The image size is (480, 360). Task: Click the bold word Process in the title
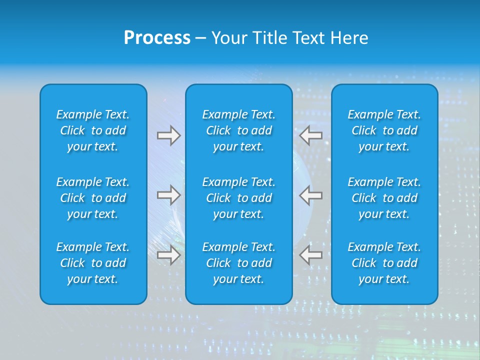pyautogui.click(x=157, y=38)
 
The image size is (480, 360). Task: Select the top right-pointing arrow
pyautogui.click(x=169, y=135)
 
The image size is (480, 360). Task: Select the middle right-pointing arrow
pyautogui.click(x=169, y=194)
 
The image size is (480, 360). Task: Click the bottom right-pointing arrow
pyautogui.click(x=169, y=255)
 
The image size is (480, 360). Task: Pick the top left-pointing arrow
pyautogui.click(x=310, y=134)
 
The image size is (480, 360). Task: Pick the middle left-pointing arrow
pyautogui.click(x=310, y=194)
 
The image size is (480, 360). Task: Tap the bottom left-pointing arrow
pyautogui.click(x=310, y=255)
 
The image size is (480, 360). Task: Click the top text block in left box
pyautogui.click(x=93, y=130)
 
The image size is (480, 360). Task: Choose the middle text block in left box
pyautogui.click(x=93, y=198)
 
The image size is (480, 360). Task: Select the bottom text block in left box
pyautogui.click(x=93, y=263)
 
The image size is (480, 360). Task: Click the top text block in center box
pyautogui.click(x=239, y=130)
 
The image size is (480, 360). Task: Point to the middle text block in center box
pyautogui.click(x=239, y=198)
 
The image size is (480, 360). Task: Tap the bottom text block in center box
pyautogui.click(x=239, y=263)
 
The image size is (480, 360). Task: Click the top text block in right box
pyautogui.click(x=384, y=130)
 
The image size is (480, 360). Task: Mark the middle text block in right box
pyautogui.click(x=384, y=198)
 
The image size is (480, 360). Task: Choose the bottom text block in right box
pyautogui.click(x=384, y=263)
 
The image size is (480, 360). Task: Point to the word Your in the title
pyautogui.click(x=229, y=38)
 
